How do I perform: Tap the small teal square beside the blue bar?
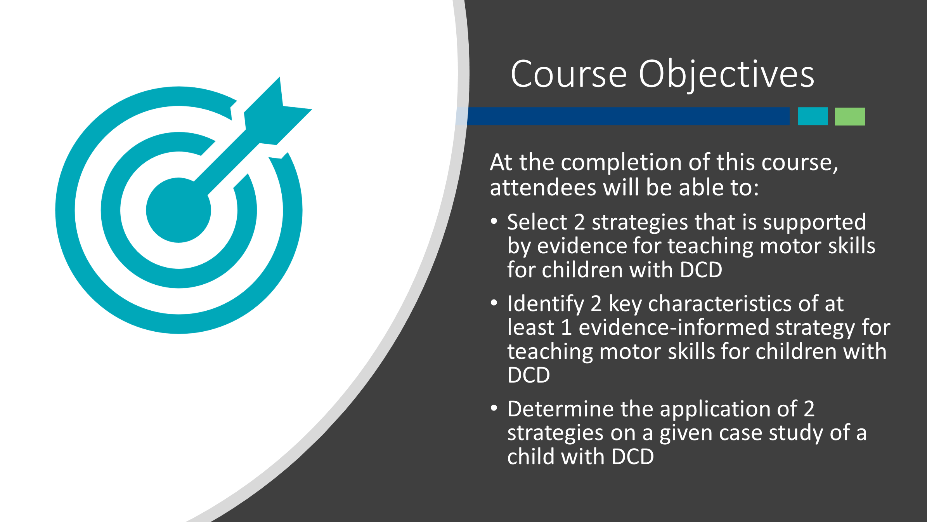click(813, 116)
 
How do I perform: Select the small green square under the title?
click(850, 117)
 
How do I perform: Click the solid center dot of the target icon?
click(178, 210)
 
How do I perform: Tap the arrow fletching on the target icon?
click(278, 111)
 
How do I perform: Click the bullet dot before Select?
click(494, 221)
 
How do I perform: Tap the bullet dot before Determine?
click(494, 408)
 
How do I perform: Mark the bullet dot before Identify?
click(494, 303)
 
